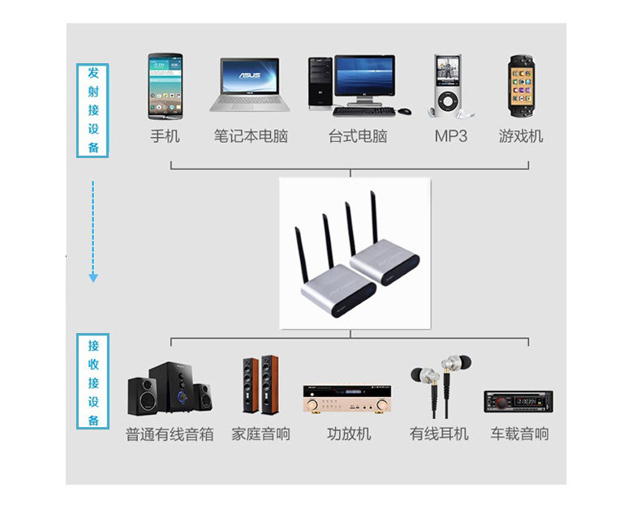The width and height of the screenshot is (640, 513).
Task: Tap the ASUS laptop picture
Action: click(248, 83)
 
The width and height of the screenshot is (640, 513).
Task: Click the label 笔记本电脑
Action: click(251, 136)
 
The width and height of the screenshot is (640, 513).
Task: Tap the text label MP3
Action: click(451, 136)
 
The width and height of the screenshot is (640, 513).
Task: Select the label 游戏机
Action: click(521, 136)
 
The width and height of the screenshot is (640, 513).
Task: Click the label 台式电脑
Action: click(358, 136)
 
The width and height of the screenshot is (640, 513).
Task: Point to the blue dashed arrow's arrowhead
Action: click(93, 278)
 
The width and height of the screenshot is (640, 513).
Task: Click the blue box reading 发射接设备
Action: click(92, 110)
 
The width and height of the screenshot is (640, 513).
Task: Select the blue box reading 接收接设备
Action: click(92, 382)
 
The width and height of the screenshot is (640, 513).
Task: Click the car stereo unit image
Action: click(518, 401)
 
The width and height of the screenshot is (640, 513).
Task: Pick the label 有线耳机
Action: click(439, 434)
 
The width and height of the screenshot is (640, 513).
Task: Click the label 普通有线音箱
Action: click(170, 434)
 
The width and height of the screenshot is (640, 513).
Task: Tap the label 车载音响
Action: click(519, 434)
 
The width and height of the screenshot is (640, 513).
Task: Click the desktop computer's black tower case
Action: click(320, 82)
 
